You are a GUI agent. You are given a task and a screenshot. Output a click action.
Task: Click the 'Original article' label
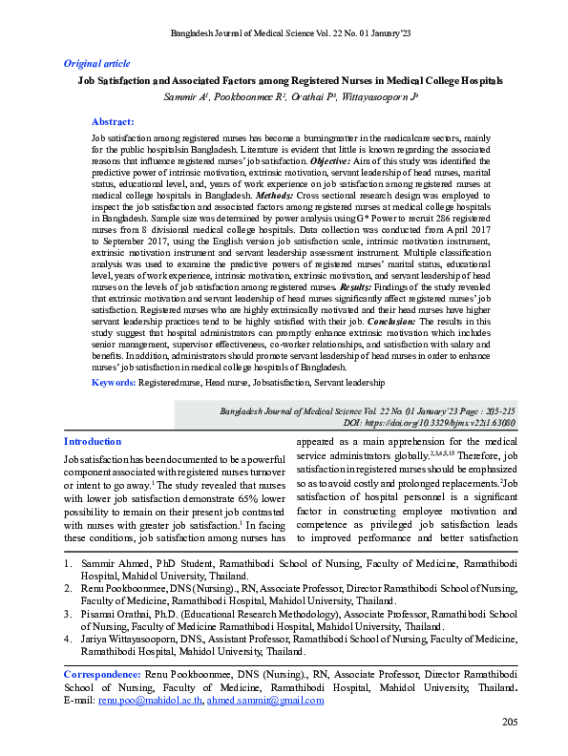tap(96, 62)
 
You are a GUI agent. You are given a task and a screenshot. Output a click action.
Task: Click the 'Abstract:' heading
tap(113, 122)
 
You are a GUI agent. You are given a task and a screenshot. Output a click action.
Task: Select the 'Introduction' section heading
tap(92, 442)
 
